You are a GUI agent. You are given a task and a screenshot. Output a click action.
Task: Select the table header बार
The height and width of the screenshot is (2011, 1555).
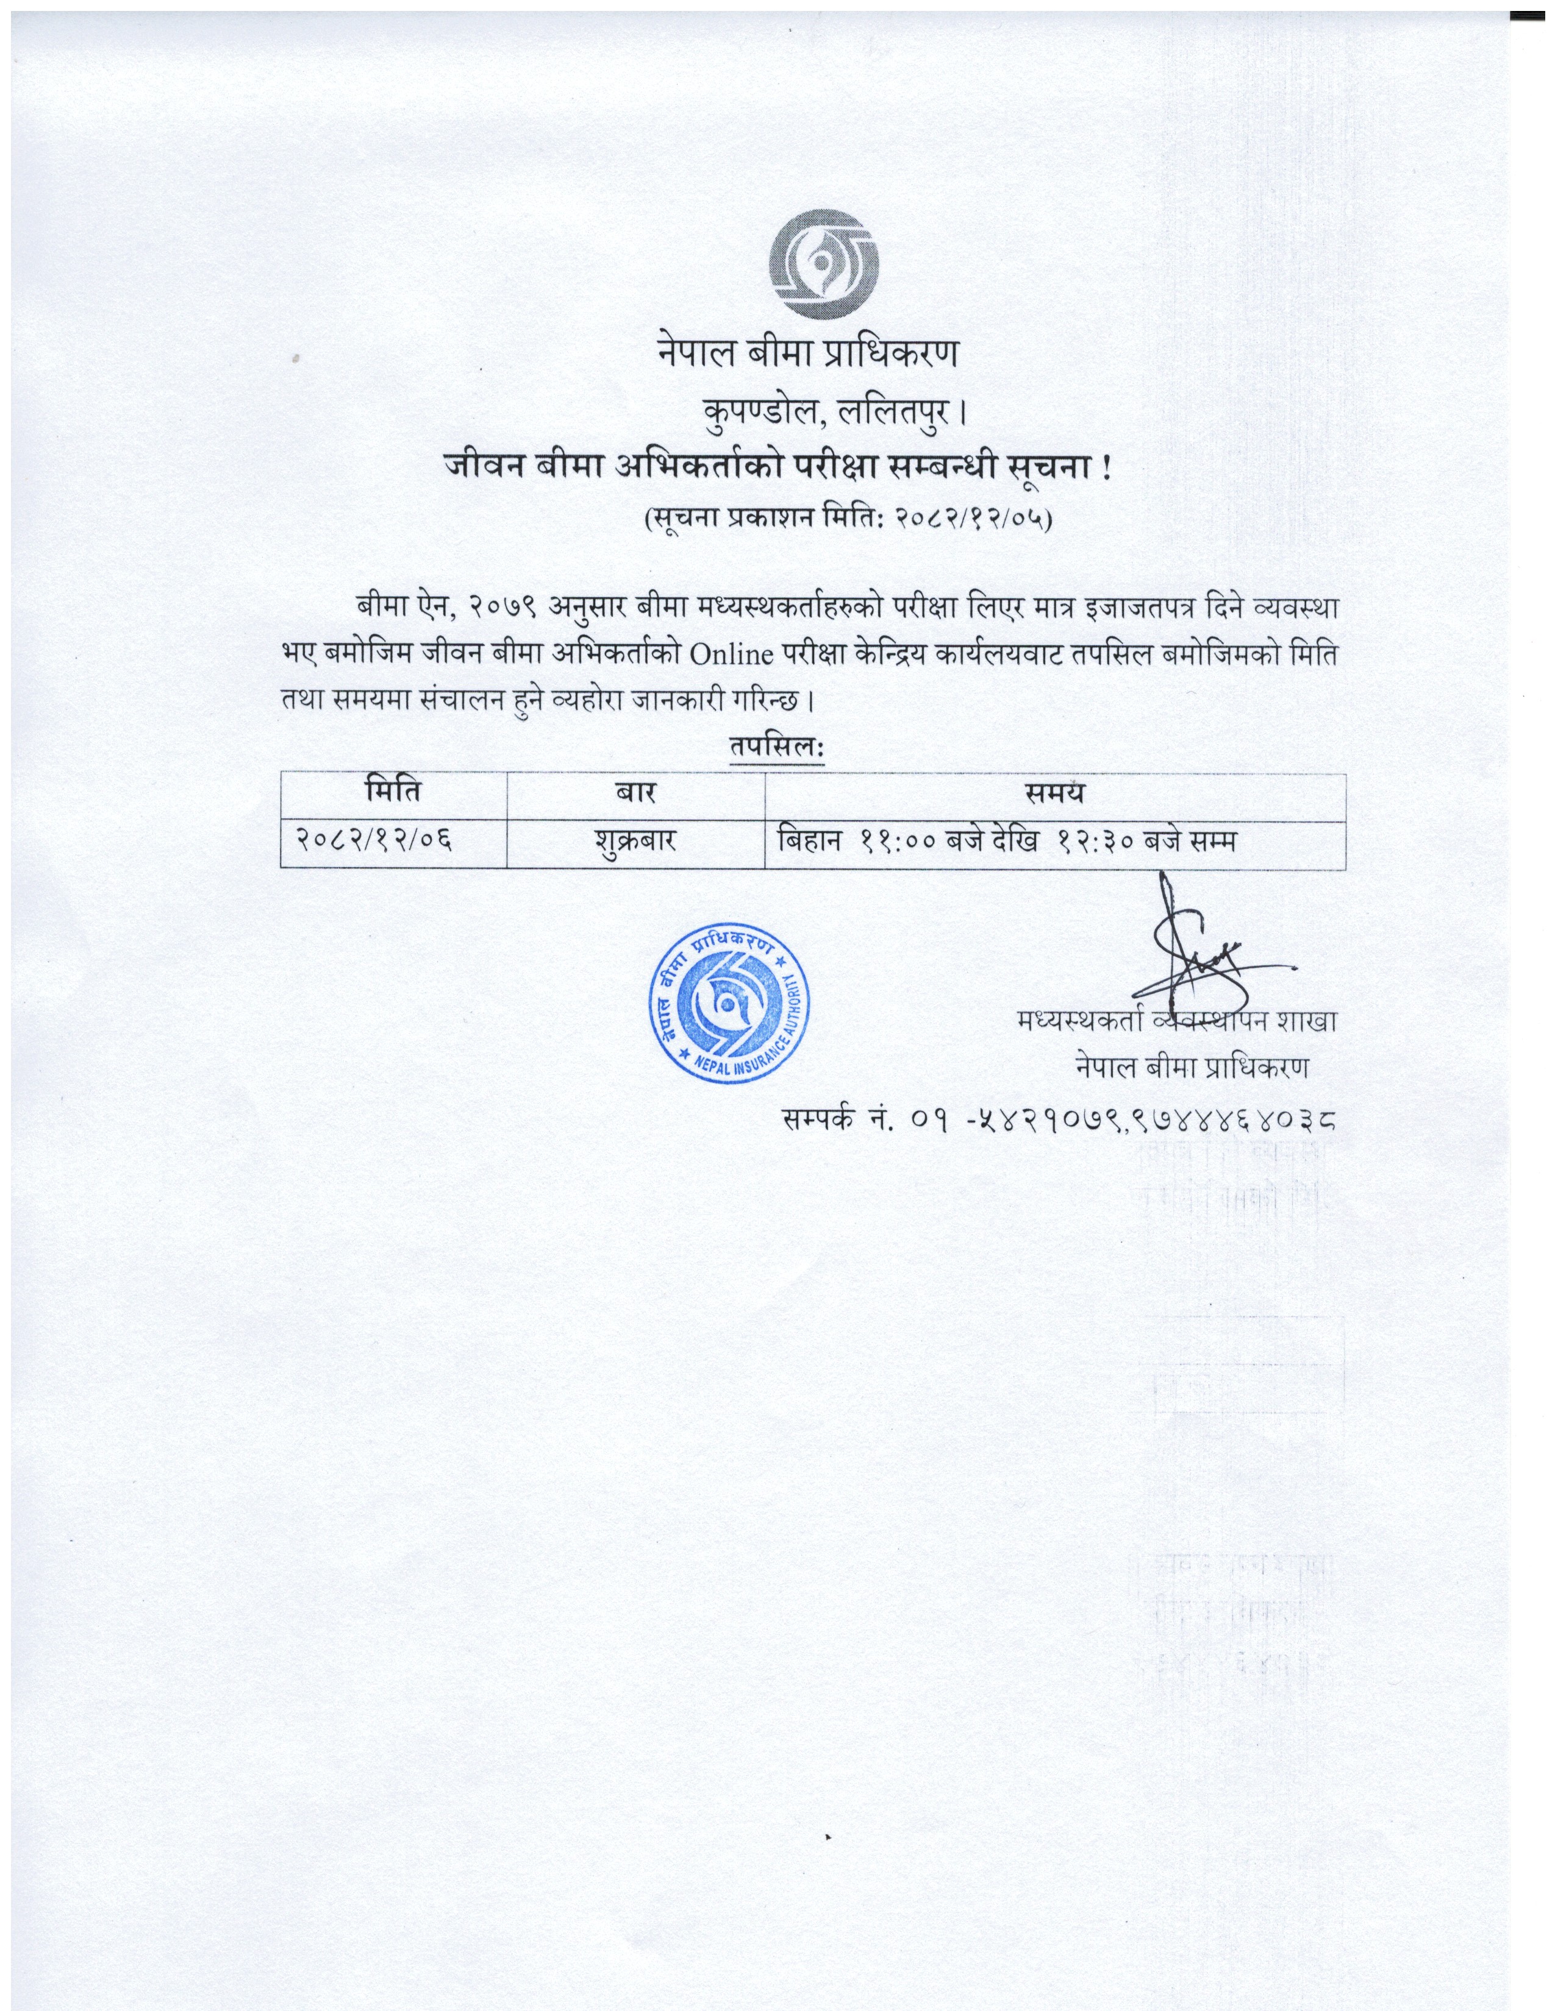pos(635,792)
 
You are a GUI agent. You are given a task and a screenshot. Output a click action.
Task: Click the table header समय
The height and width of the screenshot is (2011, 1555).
pos(1055,792)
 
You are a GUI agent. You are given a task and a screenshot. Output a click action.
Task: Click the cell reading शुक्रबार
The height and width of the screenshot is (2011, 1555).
pos(635,841)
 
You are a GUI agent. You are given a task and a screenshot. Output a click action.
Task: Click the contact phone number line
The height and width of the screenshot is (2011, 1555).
pos(1059,1119)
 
